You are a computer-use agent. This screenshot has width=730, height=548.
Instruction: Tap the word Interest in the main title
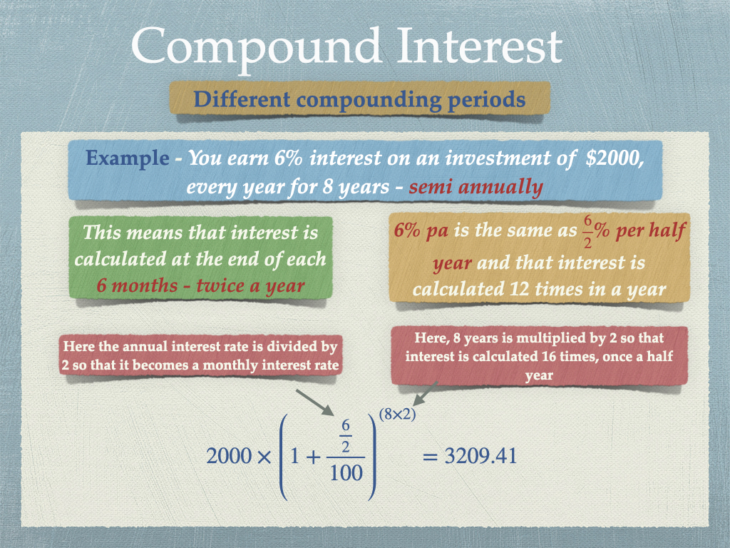pyautogui.click(x=480, y=46)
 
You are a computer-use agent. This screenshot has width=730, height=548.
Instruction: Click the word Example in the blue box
pyautogui.click(x=127, y=159)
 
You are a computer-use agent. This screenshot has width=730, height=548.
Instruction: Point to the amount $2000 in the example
pyautogui.click(x=615, y=158)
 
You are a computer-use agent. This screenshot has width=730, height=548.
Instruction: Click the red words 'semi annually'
pyautogui.click(x=475, y=188)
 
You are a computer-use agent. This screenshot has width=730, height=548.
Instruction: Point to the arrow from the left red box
pyautogui.click(x=314, y=402)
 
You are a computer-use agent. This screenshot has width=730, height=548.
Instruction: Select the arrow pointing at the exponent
pyautogui.click(x=426, y=393)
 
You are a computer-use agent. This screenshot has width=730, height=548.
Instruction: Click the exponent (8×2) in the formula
pyautogui.click(x=397, y=415)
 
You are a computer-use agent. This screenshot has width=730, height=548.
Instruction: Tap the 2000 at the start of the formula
pyautogui.click(x=229, y=456)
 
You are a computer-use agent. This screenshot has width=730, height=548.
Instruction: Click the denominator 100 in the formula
pyautogui.click(x=346, y=473)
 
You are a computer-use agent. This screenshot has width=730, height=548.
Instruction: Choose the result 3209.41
pyautogui.click(x=480, y=456)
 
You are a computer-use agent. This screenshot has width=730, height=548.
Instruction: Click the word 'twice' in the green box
pyautogui.click(x=221, y=285)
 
